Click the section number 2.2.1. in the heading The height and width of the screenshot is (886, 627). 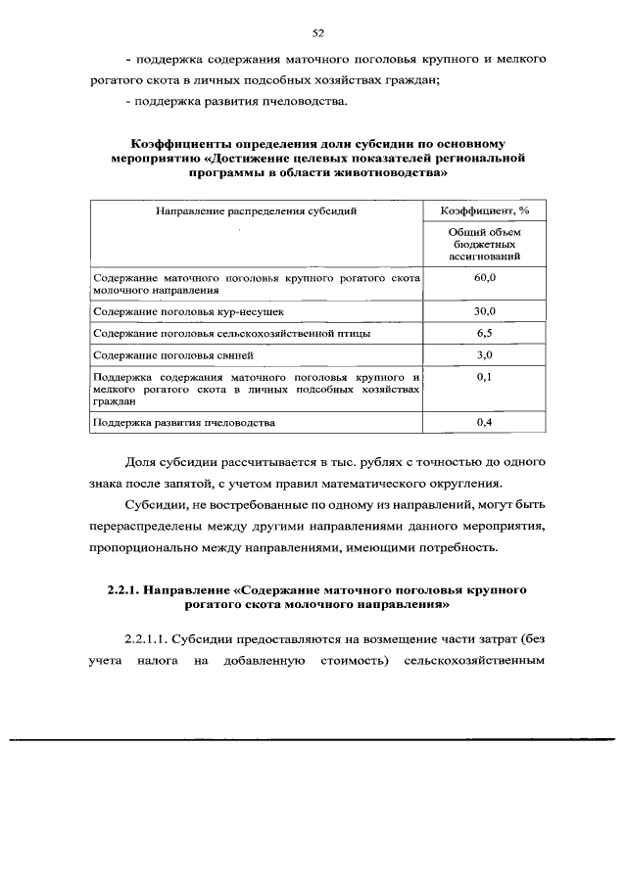click(x=122, y=590)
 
